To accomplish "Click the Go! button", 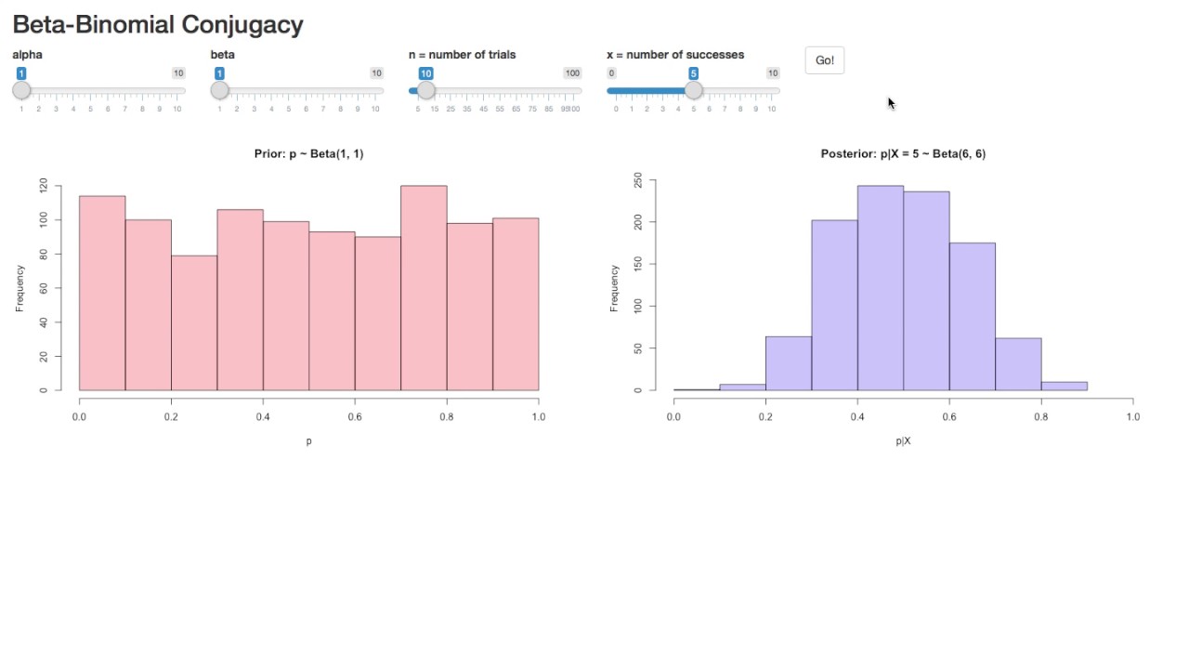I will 824,60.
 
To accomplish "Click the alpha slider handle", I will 21,90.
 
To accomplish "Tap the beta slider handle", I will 219,90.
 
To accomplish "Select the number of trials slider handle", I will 425,90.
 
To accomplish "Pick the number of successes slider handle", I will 693,90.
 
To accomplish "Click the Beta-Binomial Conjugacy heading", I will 158,25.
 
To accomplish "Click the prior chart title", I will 308,154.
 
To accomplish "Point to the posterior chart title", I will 903,154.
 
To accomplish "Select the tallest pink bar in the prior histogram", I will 424,288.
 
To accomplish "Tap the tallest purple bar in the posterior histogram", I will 881,288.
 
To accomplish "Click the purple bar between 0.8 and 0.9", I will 1064,386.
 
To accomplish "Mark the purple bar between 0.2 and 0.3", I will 789,363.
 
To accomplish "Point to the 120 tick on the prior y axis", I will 44,186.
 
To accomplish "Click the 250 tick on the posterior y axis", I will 638,180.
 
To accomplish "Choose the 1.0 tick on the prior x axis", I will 538,417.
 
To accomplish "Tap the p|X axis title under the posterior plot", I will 903,441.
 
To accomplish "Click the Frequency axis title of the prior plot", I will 20,288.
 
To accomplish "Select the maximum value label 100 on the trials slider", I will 572,73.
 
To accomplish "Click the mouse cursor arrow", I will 891,103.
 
